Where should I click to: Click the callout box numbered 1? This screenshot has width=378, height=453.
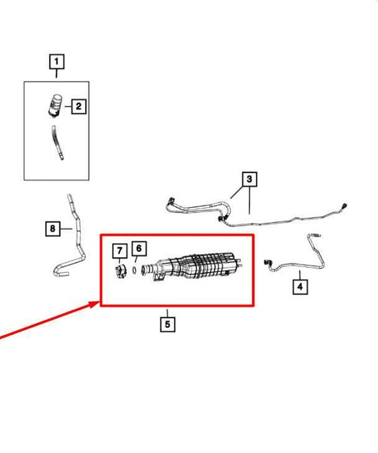[57, 62]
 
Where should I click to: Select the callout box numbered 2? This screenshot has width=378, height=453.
[79, 107]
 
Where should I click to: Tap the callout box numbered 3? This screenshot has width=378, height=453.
[250, 180]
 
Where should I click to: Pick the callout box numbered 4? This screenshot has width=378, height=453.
[300, 287]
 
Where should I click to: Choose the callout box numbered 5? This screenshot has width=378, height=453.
[167, 324]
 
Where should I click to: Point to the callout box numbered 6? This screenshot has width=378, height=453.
[139, 249]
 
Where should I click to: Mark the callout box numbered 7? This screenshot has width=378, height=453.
[120, 251]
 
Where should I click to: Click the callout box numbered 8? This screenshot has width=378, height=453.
[52, 229]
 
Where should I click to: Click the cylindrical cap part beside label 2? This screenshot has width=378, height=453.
[55, 106]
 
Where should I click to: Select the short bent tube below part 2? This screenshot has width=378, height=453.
[57, 143]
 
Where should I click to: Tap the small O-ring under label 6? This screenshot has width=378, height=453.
[135, 270]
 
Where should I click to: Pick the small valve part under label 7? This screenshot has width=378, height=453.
[121, 271]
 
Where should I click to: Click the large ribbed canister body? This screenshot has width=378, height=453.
[199, 266]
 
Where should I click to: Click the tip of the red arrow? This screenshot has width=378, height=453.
[100, 302]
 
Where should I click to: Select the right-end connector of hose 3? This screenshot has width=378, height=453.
[344, 207]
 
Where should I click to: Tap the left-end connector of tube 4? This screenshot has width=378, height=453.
[267, 263]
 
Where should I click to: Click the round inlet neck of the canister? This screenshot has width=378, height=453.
[148, 270]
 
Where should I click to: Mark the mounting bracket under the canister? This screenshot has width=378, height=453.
[158, 278]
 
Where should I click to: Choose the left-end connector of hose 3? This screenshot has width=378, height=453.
[170, 201]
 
